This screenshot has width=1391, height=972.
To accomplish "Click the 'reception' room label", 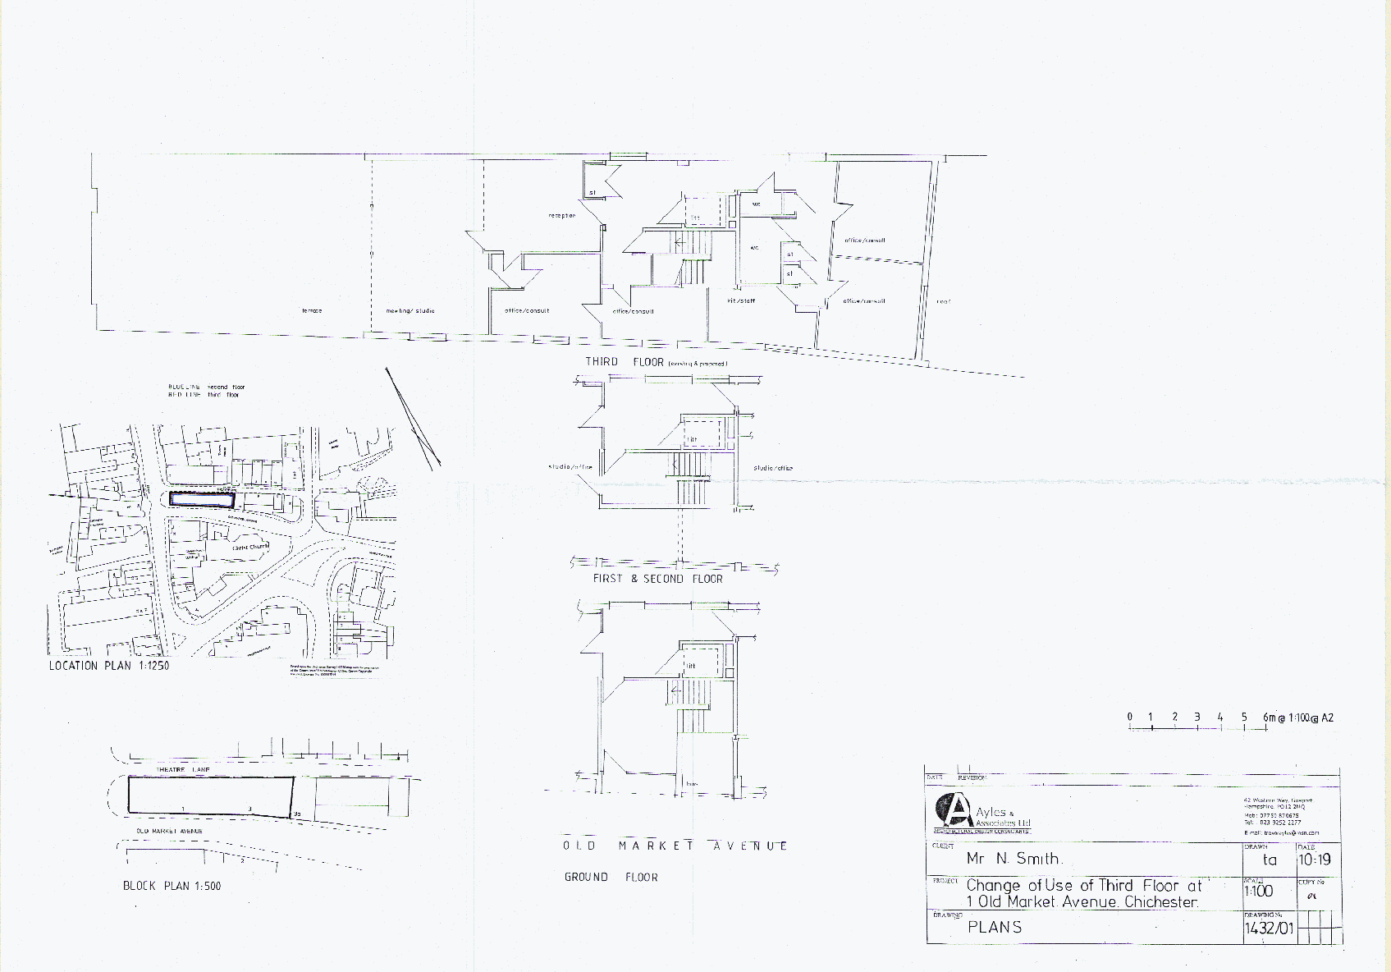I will point(562,216).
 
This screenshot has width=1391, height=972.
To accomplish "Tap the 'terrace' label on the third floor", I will point(312,311).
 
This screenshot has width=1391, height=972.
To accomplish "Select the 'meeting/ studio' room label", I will point(410,311).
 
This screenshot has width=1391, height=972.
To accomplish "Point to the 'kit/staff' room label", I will point(741,301).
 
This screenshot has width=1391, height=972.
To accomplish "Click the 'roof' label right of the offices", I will point(944,302).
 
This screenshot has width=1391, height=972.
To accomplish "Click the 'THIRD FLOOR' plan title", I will point(624,362).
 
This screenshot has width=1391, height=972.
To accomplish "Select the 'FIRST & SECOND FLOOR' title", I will point(657,579).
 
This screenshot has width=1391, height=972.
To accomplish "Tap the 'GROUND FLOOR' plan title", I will point(611,878).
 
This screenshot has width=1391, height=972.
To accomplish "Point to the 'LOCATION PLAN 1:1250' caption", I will point(108,666).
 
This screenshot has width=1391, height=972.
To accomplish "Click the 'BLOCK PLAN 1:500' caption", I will point(172,886).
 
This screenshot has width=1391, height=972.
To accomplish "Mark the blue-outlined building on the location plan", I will point(201,499).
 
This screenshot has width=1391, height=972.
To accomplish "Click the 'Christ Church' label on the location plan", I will point(249,547).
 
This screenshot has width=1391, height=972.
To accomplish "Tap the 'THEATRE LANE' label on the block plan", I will point(183,770).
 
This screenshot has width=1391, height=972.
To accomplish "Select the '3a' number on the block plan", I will point(297,814).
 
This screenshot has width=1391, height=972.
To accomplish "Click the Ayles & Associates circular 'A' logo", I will point(952,811).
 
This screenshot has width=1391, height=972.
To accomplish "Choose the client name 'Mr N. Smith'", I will point(1014,859).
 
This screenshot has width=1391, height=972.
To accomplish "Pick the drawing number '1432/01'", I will point(1269,928).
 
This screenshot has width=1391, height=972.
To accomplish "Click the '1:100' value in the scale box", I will point(1258,891).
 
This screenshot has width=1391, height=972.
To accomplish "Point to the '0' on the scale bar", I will point(1129,718).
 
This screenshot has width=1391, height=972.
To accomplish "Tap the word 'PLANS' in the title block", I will point(995,928).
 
